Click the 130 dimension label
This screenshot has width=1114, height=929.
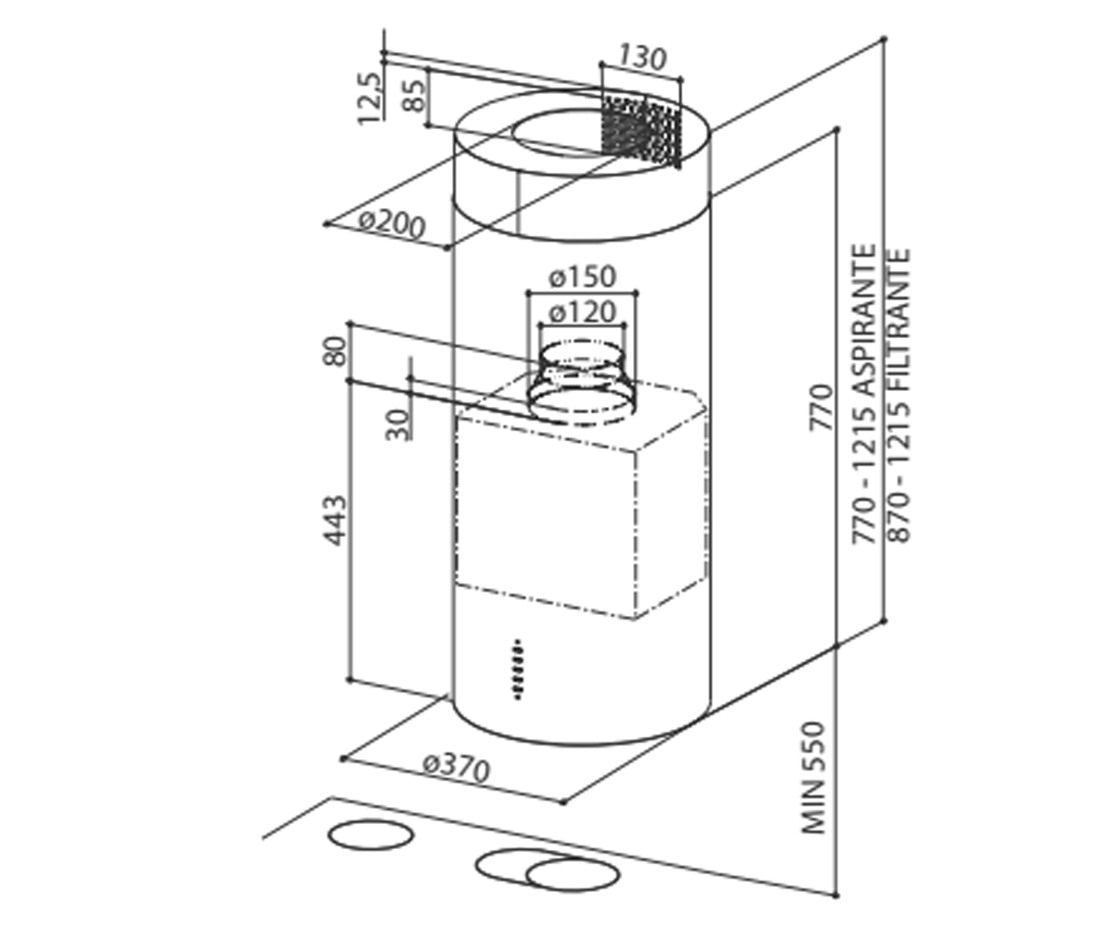click(642, 58)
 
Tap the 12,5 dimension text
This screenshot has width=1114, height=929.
click(370, 99)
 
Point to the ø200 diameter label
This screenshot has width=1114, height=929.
click(392, 225)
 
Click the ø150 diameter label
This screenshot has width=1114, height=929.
click(582, 277)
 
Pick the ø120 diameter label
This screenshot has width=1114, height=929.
click(582, 311)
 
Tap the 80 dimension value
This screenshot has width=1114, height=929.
click(335, 350)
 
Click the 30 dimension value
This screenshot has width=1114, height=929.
click(398, 424)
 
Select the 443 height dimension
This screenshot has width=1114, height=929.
click(335, 520)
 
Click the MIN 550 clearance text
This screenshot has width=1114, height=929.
click(813, 778)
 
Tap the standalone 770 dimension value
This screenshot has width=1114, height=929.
click(821, 407)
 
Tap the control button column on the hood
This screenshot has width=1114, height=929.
click(517, 669)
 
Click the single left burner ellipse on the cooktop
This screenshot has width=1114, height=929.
click(370, 850)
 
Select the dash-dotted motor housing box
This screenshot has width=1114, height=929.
click(581, 496)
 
